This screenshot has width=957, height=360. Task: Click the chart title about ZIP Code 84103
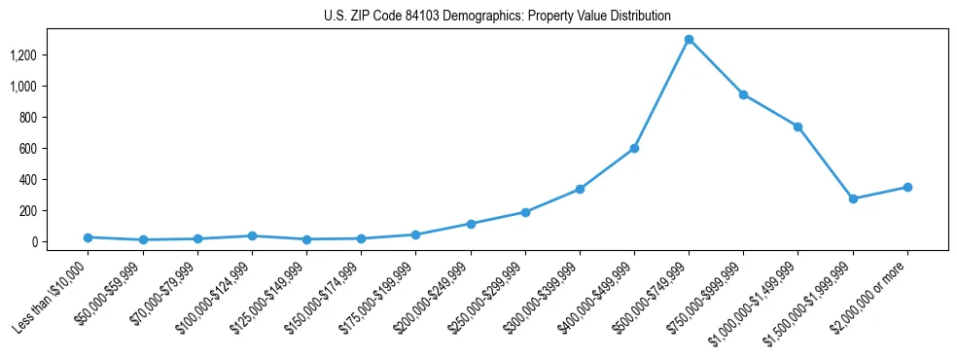coord(497,17)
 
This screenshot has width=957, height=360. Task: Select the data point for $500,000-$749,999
coord(689,40)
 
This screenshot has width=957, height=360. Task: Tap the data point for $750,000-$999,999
coord(743,94)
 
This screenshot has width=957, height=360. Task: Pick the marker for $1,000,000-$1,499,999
coord(797,126)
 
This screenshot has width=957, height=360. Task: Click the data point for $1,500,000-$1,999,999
coord(853,198)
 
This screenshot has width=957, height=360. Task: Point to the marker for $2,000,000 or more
coord(907,187)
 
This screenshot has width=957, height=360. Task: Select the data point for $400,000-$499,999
coord(634,148)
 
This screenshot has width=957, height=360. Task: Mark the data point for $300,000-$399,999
coord(580,189)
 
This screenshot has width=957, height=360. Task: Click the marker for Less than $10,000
coord(88,237)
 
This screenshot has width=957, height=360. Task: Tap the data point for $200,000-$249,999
coord(471,224)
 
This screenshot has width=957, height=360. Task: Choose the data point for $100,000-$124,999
coord(252,235)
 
